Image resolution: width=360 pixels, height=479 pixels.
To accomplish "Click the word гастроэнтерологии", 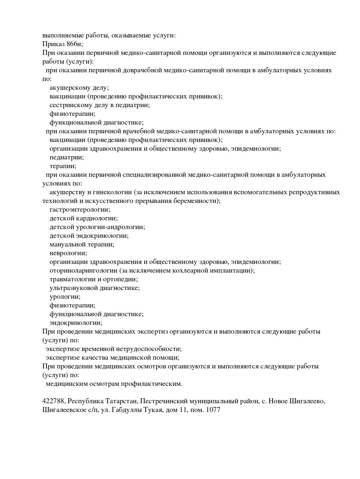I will click(x=80, y=210).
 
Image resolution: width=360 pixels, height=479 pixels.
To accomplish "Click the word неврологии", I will click(x=68, y=253).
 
